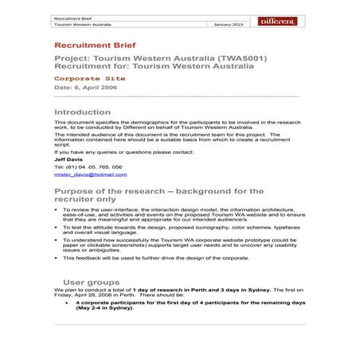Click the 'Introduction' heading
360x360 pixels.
82,112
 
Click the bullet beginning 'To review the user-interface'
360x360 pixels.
183,214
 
